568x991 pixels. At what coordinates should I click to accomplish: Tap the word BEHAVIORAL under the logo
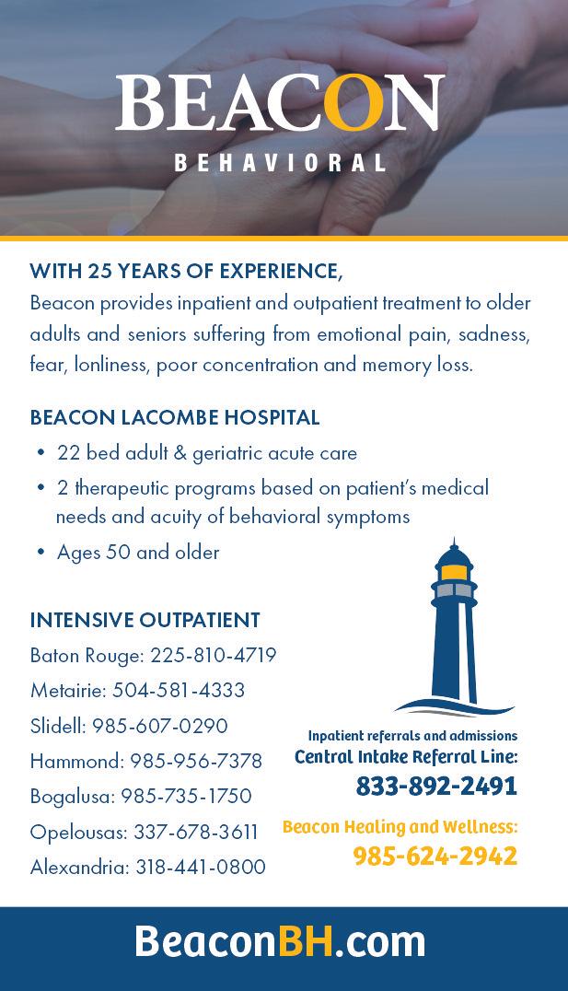280,163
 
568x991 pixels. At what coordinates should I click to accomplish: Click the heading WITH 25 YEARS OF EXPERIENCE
186,271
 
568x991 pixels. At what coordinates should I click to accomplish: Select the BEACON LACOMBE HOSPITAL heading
175,417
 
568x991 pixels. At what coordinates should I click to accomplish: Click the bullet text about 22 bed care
206,453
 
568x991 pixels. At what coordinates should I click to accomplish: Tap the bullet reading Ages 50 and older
138,553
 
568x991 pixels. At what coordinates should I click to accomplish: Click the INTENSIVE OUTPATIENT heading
145,620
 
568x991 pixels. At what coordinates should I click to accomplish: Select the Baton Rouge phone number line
153,656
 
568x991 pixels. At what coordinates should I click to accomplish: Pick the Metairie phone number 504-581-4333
178,691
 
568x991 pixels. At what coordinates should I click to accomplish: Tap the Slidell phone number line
129,726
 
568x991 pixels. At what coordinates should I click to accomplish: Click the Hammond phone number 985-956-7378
195,761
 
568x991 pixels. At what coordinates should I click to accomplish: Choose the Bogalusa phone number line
140,796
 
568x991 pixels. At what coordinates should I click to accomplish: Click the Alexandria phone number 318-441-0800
200,867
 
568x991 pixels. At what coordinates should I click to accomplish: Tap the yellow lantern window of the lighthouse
453,572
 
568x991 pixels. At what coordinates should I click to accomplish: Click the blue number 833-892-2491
436,786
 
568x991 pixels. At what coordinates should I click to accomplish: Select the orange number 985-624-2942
435,856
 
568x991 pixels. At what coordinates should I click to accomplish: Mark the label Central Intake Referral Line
406,757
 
